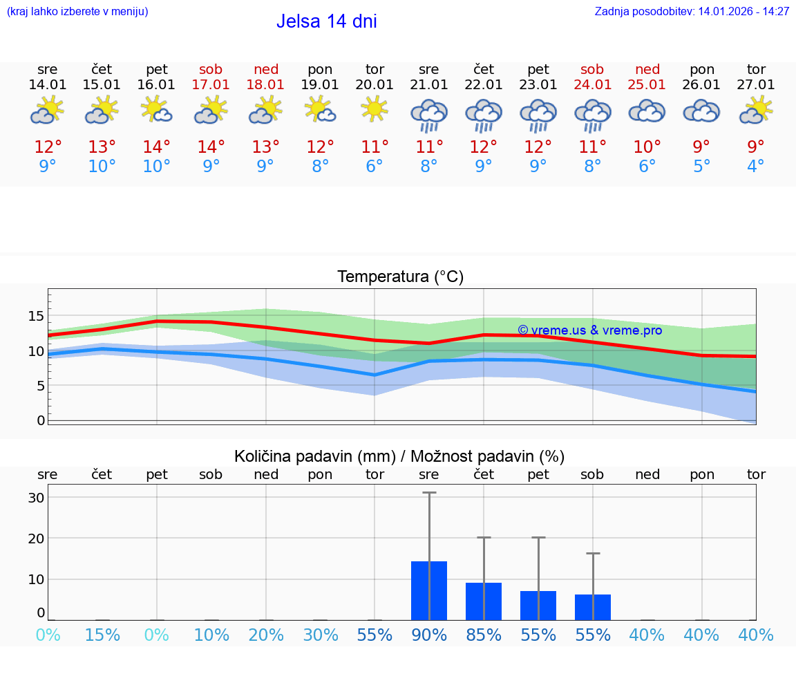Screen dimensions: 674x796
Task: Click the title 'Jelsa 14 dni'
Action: pyautogui.click(x=326, y=21)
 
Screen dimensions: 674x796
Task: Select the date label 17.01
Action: pyautogui.click(x=211, y=84)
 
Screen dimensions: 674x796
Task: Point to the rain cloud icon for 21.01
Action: pyautogui.click(x=429, y=114)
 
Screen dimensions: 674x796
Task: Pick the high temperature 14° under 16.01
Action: pyautogui.click(x=157, y=147)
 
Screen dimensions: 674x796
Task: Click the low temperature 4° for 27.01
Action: pyautogui.click(x=756, y=167)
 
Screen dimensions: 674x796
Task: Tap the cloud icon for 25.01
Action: pyautogui.click(x=647, y=111)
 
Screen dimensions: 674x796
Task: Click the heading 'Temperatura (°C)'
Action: pyautogui.click(x=400, y=277)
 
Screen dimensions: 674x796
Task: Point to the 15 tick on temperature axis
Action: pyautogui.click(x=36, y=316)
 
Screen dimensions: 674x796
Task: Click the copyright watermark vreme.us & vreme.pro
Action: pyautogui.click(x=589, y=330)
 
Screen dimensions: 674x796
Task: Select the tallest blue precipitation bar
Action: pyautogui.click(x=429, y=590)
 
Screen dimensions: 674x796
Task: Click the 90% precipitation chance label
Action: pyautogui.click(x=429, y=635)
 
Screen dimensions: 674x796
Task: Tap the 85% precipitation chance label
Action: pyautogui.click(x=484, y=635)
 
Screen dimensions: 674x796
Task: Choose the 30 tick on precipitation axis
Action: pyautogui.click(x=36, y=498)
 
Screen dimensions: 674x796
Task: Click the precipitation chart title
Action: pyautogui.click(x=399, y=456)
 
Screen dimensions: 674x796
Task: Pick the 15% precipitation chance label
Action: pyautogui.click(x=102, y=635)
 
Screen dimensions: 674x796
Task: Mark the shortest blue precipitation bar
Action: pyautogui.click(x=593, y=607)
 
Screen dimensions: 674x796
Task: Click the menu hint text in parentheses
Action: pyautogui.click(x=77, y=12)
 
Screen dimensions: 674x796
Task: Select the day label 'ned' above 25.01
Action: pyautogui.click(x=647, y=69)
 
